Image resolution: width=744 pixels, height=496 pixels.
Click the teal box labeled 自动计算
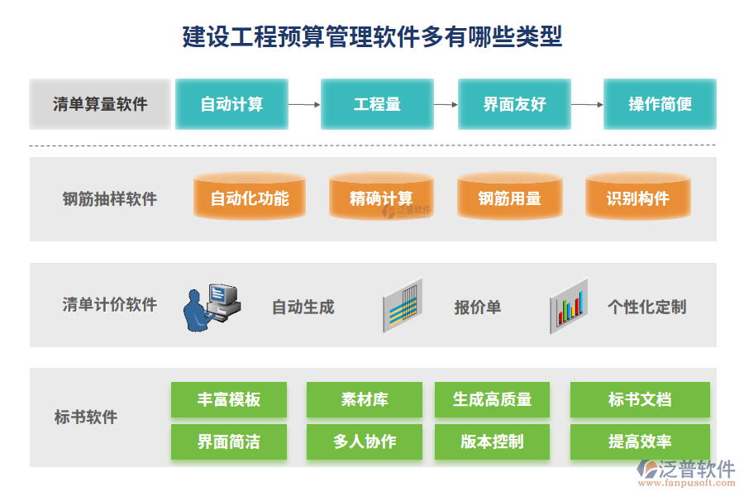pos(231,104)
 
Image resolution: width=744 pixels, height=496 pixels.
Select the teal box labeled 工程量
pos(377,104)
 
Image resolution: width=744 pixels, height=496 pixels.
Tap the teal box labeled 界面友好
pos(514,104)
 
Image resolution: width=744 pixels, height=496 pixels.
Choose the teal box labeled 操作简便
pos(660,104)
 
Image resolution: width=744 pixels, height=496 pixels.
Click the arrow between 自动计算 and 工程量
pos(304,105)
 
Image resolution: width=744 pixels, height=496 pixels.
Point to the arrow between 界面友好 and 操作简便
pos(587,105)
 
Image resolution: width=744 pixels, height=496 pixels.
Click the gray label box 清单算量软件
pos(100,104)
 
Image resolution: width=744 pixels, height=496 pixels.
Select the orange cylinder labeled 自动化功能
pos(249,198)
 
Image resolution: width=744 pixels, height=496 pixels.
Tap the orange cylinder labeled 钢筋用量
pos(509,198)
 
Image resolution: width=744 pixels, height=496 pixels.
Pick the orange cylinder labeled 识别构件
pos(637,198)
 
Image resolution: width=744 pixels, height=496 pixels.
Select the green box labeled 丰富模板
pos(229,400)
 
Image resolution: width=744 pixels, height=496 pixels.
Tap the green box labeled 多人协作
pos(365,442)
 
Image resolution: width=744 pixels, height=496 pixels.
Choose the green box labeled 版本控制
pos(492,442)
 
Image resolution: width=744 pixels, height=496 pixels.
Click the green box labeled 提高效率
pos(640,442)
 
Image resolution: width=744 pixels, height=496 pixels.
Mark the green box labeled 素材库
pos(365,400)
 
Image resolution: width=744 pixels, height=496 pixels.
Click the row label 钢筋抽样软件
pos(110,198)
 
